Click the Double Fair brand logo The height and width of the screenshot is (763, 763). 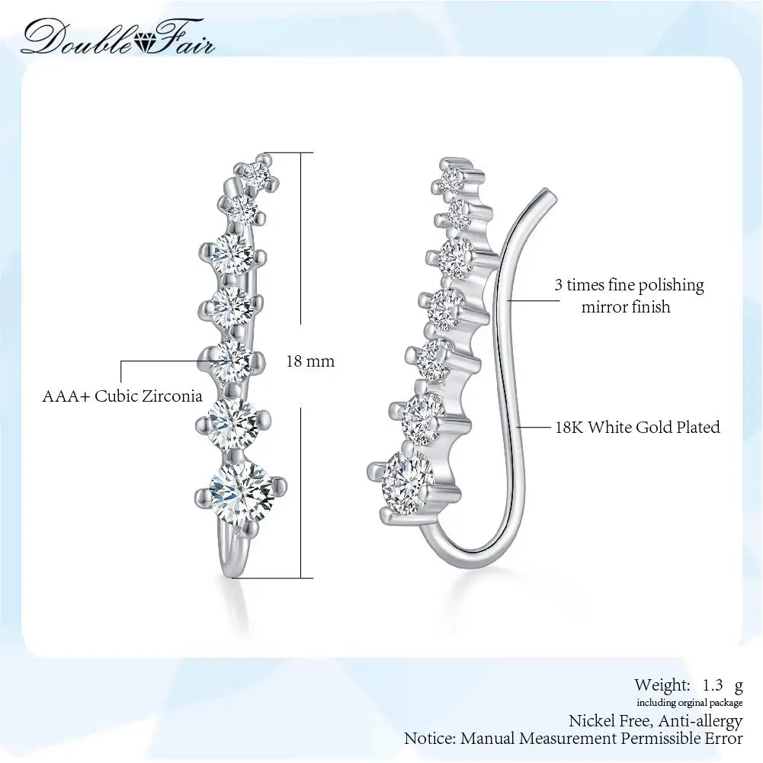coord(118,36)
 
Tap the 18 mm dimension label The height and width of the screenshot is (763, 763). coord(310,361)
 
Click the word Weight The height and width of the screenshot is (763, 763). coord(661,684)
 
